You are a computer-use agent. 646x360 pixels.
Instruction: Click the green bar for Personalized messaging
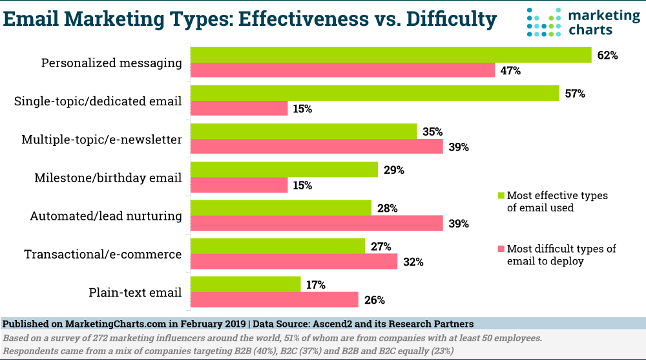[391, 55]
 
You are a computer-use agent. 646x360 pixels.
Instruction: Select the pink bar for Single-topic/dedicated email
[239, 109]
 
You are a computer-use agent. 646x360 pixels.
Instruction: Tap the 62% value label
[607, 56]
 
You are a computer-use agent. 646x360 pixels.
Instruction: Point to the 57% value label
[574, 94]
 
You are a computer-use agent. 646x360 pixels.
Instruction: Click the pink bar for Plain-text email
[275, 299]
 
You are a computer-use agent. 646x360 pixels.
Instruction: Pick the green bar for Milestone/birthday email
[284, 170]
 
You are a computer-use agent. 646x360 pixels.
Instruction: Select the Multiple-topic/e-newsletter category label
[101, 140]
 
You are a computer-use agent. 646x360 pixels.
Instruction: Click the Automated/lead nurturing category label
[106, 216]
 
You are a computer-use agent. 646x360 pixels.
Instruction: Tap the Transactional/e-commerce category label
[103, 254]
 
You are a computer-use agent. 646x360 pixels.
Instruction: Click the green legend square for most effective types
[500, 195]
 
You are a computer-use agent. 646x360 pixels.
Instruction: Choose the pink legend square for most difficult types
[500, 249]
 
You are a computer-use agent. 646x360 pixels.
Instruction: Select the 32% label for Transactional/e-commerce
[413, 262]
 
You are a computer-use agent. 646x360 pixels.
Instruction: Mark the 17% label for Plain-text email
[316, 284]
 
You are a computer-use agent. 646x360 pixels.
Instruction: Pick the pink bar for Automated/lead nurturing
[317, 223]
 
